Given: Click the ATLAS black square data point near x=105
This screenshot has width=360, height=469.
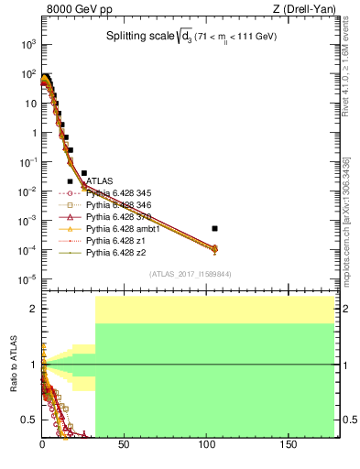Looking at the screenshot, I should [x=214, y=228].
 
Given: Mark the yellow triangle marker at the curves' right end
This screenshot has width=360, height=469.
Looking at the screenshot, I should [x=214, y=248].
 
